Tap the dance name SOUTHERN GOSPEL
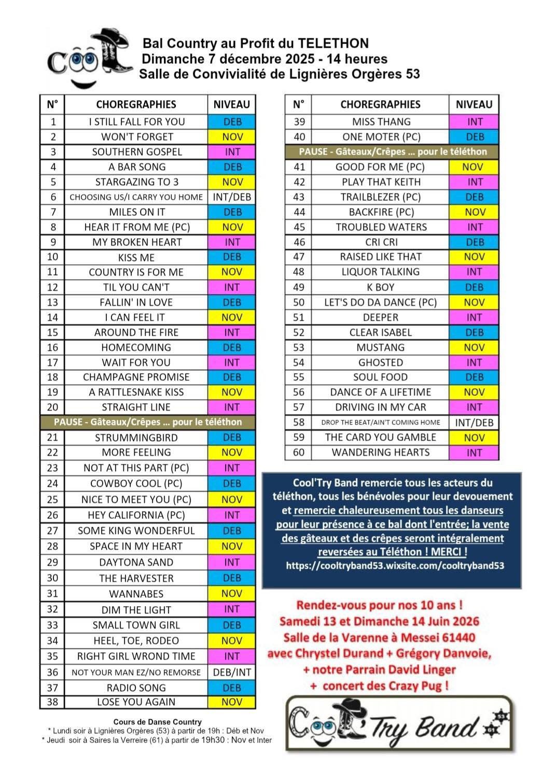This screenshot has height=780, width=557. pyautogui.click(x=137, y=152)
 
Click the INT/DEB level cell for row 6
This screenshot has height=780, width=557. pyautogui.click(x=232, y=197)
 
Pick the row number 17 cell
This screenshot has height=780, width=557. pyautogui.click(x=52, y=362)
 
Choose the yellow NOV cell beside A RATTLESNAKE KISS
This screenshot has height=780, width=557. pyautogui.click(x=232, y=392)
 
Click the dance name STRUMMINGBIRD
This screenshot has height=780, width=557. pyautogui.click(x=136, y=437)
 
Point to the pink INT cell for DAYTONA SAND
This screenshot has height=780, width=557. pyautogui.click(x=232, y=562)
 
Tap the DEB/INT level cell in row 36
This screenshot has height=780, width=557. pyautogui.click(x=232, y=672)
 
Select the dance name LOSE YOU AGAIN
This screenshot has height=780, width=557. pyautogui.click(x=136, y=702)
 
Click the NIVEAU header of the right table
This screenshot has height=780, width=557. pyautogui.click(x=474, y=104)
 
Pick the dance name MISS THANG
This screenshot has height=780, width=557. pyautogui.click(x=381, y=122)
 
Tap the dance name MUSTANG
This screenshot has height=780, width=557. pyautogui.click(x=381, y=348)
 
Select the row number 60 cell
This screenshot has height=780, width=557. pyautogui.click(x=299, y=453)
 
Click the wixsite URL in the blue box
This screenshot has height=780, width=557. pyautogui.click(x=395, y=566)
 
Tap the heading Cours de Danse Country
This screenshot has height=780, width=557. pyautogui.click(x=158, y=722)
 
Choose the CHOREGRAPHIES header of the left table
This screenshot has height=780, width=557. pyautogui.click(x=136, y=104)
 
